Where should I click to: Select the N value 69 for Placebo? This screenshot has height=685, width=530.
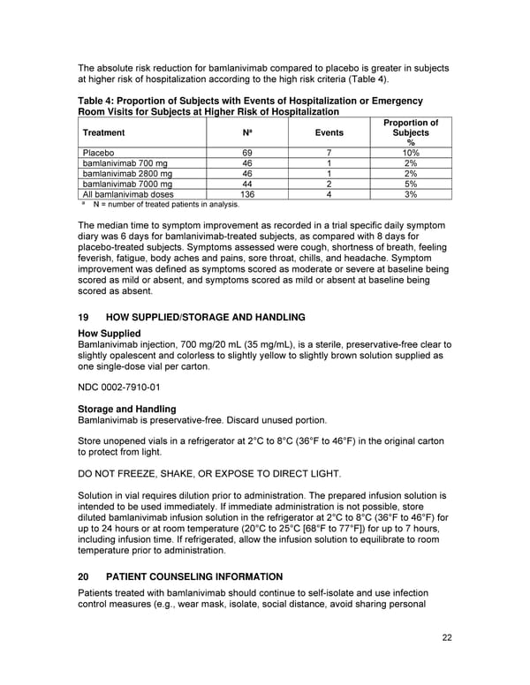point(247,153)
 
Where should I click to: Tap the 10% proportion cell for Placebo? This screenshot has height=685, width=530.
point(411,153)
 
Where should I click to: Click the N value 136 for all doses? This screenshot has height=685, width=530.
point(247,194)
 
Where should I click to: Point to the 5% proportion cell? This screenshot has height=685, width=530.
point(411,184)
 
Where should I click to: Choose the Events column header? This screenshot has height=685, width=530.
point(329,132)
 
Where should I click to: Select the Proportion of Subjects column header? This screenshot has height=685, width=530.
point(411,132)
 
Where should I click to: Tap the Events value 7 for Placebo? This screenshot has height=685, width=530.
point(329,153)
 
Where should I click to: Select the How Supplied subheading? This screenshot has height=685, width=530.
point(110,333)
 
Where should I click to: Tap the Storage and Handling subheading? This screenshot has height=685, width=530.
point(126,409)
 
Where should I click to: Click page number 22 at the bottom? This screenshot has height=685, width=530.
point(445,637)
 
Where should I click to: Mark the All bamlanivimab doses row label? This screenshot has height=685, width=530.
point(128,194)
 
